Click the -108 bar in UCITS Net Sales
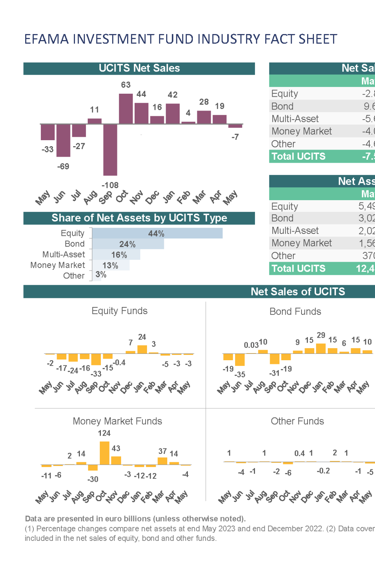(110, 150)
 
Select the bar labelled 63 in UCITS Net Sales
(126, 109)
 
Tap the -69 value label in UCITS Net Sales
(63, 166)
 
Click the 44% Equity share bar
(157, 234)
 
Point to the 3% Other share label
(101, 275)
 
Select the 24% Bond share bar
(128, 244)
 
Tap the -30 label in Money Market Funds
(93, 479)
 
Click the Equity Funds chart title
(120, 311)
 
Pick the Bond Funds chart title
(295, 311)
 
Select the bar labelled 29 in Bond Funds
(321, 348)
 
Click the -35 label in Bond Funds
(240, 374)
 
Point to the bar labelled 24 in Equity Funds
(142, 349)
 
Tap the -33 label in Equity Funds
(96, 373)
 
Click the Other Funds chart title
(297, 421)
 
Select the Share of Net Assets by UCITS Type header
(139, 218)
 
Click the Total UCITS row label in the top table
(298, 156)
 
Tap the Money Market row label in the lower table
(301, 243)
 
